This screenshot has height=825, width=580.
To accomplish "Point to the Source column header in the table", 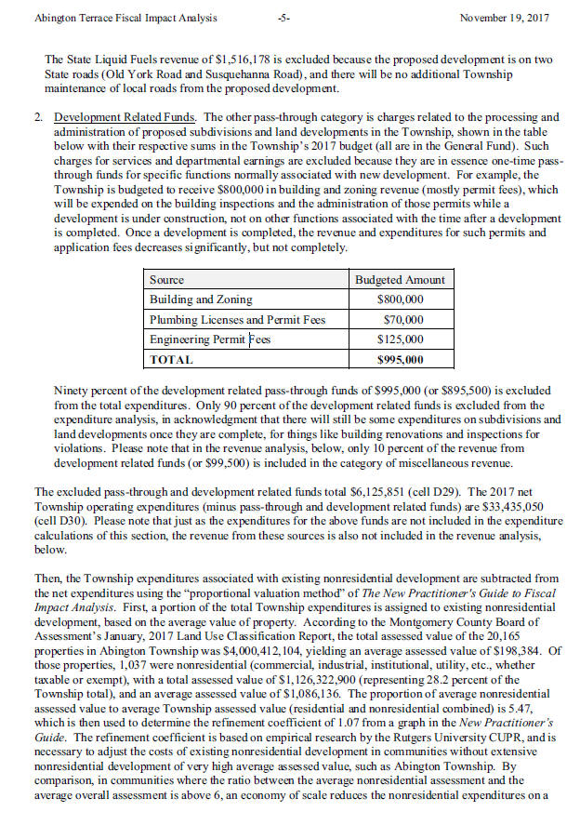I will pos(167,279).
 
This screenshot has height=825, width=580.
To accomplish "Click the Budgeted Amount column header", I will pos(400,279).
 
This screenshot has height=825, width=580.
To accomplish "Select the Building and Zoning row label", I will pos(195,299).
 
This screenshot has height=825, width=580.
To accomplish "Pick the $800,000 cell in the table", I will pos(401,299).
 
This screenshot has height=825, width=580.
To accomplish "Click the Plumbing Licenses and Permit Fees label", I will pos(238,320).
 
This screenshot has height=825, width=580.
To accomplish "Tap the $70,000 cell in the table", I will pos(403,320).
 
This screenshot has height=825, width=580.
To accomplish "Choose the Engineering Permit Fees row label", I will pos(210,340).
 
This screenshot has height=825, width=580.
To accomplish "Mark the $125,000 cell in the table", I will pos(401,340).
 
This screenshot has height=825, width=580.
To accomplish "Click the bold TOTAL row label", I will pos(172,360).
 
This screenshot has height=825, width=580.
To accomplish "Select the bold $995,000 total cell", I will pos(401,360).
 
